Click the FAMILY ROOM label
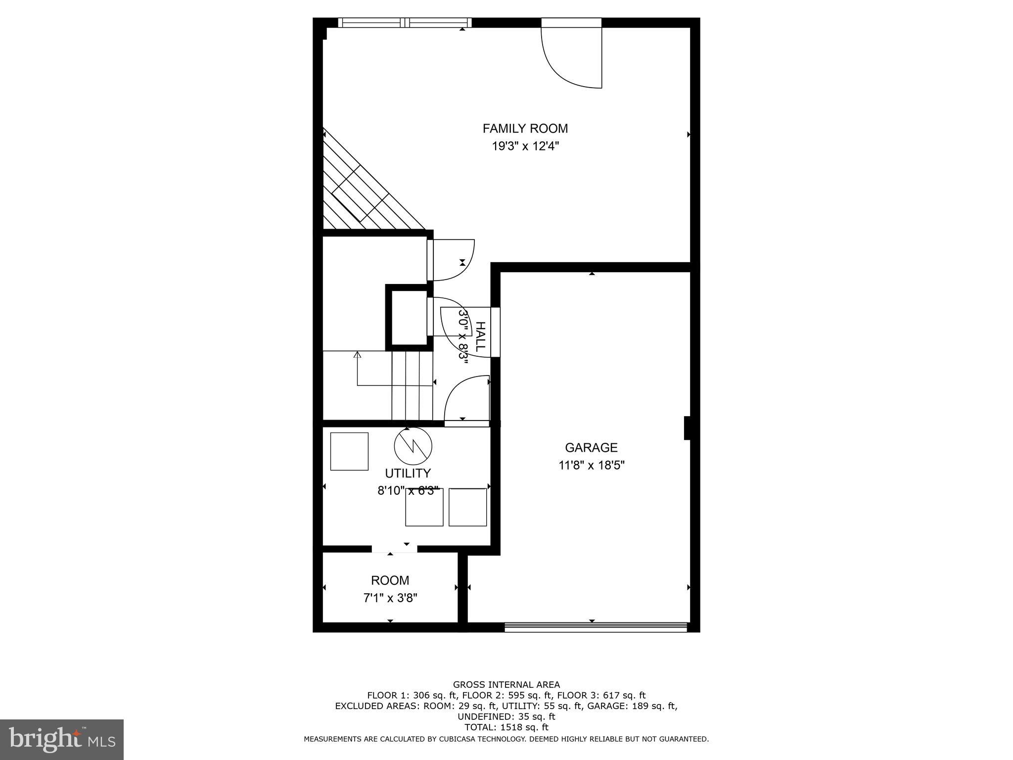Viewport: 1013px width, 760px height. (x=525, y=129)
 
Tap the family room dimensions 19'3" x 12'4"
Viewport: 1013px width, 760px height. (x=525, y=146)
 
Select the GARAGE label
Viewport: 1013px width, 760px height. (x=591, y=448)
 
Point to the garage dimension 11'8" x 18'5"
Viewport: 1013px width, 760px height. (x=592, y=466)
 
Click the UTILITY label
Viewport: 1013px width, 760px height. (x=408, y=473)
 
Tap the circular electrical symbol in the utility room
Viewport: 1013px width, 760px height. (x=413, y=446)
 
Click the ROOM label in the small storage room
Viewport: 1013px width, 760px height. (x=390, y=580)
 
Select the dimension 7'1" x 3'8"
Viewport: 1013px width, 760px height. (x=390, y=598)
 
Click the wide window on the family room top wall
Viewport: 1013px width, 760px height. (x=405, y=22)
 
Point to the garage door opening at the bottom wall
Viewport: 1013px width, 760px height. (x=596, y=627)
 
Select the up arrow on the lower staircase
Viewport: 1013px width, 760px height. (x=358, y=355)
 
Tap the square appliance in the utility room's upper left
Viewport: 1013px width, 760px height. (x=349, y=451)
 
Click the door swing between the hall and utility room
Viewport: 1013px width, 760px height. (x=465, y=400)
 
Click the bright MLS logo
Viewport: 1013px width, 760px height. (x=62, y=739)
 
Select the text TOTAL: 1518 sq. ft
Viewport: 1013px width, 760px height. (x=506, y=727)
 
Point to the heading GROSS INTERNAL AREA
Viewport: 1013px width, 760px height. (x=506, y=685)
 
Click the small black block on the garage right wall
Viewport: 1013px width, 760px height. (x=687, y=428)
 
